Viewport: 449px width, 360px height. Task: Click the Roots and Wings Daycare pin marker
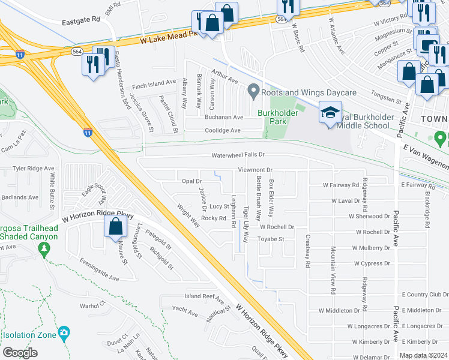[253, 92]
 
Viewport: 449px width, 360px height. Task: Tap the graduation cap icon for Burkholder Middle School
[330, 112]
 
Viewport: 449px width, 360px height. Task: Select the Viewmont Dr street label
[255, 170]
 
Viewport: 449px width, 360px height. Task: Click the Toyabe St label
[270, 239]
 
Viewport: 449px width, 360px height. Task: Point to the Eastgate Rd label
[81, 20]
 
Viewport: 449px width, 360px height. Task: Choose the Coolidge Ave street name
[223, 130]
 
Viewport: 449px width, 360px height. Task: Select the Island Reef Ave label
[203, 296]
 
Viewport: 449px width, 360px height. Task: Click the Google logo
[20, 353]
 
